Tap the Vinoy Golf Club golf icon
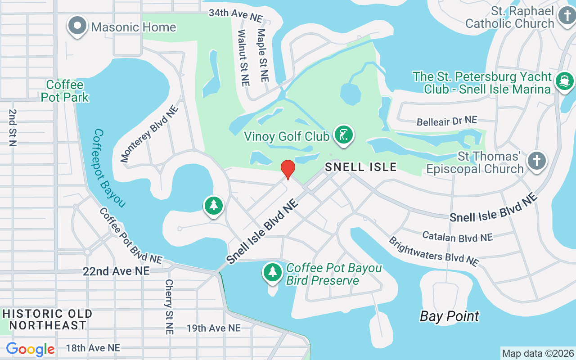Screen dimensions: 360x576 tap(344, 135)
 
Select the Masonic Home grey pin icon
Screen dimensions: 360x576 tap(77, 26)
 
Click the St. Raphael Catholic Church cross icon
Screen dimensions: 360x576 tap(567, 16)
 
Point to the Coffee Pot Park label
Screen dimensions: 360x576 tap(65, 90)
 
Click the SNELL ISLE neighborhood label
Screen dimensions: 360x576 tap(361, 167)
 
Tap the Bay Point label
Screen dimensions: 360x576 tap(449, 316)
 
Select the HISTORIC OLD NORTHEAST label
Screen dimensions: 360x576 tap(48, 319)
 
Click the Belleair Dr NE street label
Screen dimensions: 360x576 tap(446, 121)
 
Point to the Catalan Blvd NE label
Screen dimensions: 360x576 tap(457, 237)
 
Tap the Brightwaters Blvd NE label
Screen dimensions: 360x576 tap(433, 251)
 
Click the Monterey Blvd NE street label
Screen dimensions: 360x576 tap(149, 133)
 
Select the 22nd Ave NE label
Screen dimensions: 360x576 tap(116, 271)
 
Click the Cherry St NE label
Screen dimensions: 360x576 tap(169, 306)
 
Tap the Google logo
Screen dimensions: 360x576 tap(30, 349)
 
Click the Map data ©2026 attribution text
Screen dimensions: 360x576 tap(538, 353)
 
